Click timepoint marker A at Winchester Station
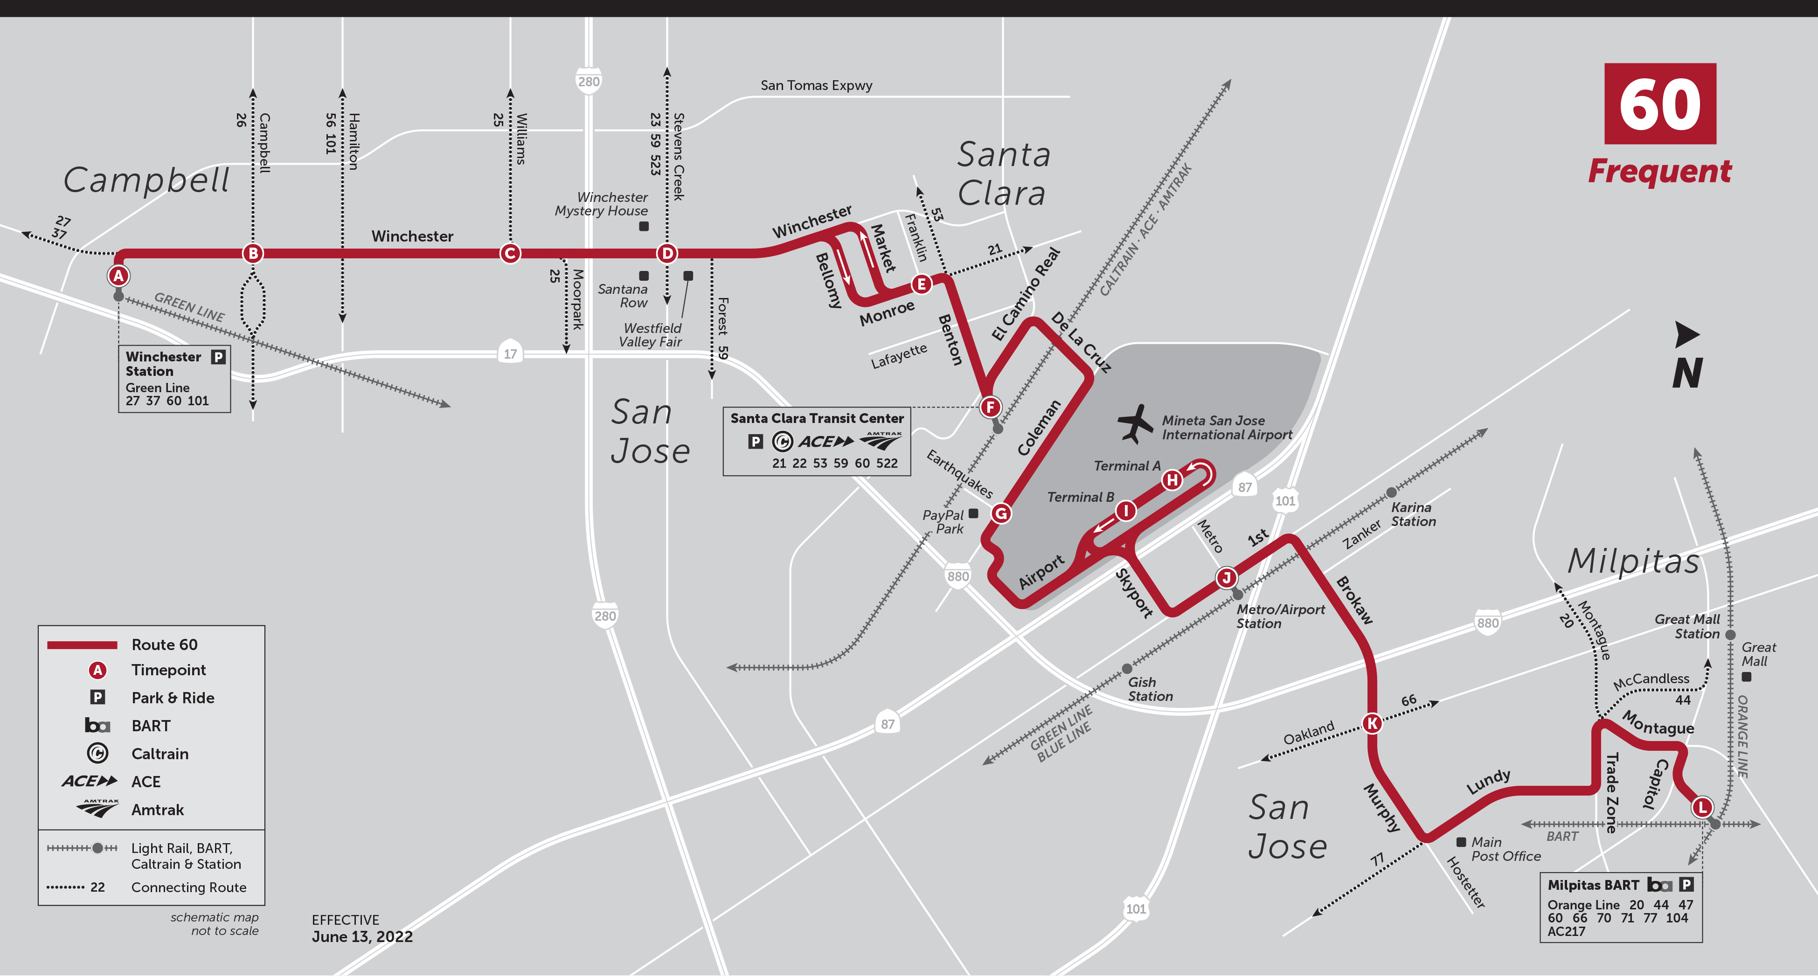pyautogui.click(x=118, y=276)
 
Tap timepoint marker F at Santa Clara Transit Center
pyautogui.click(x=990, y=407)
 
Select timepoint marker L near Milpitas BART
pyautogui.click(x=1702, y=807)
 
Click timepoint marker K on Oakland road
pyautogui.click(x=1372, y=723)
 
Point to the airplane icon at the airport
pyautogui.click(x=1134, y=423)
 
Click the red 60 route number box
pyautogui.click(x=1660, y=104)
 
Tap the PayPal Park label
pyautogui.click(x=944, y=522)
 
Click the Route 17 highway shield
pyautogui.click(x=510, y=353)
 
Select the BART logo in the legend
pyautogui.click(x=97, y=726)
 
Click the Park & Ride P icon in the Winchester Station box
pyautogui.click(x=218, y=356)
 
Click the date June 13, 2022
pyautogui.click(x=362, y=937)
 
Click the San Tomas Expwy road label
pyautogui.click(x=816, y=85)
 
